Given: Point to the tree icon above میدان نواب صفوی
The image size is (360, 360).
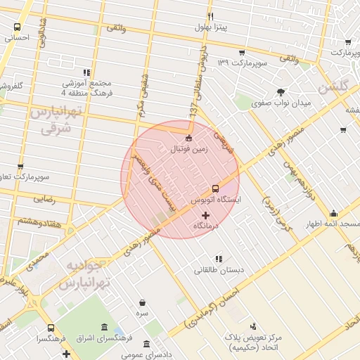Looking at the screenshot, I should [281, 92].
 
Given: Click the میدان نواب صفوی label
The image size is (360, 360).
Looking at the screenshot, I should [281, 103].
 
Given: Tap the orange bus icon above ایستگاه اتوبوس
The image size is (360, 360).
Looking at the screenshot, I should [214, 188].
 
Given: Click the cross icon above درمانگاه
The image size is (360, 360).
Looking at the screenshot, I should [206, 215].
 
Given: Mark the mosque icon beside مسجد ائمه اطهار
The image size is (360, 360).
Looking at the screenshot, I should [333, 214].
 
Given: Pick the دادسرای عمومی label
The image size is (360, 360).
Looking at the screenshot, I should [146, 355].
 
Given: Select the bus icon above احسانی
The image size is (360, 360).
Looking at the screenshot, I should [18, 27].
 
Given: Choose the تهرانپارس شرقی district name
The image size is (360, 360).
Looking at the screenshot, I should [56, 120].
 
